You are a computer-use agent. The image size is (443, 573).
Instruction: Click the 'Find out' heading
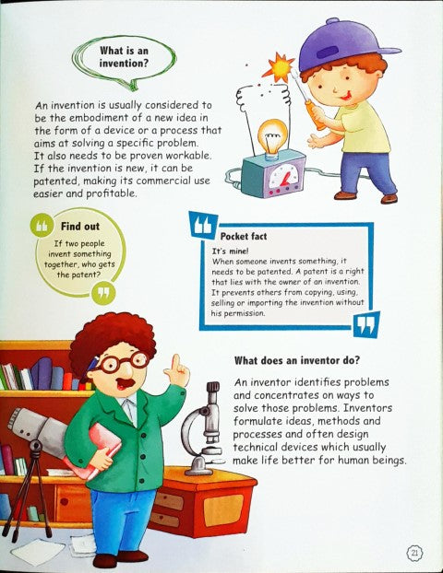click(x=80, y=225)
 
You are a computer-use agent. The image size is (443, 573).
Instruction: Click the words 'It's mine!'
click(x=229, y=251)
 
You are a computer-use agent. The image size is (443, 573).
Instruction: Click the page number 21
click(x=414, y=552)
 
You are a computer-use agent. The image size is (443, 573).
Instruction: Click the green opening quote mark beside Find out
click(x=42, y=227)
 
